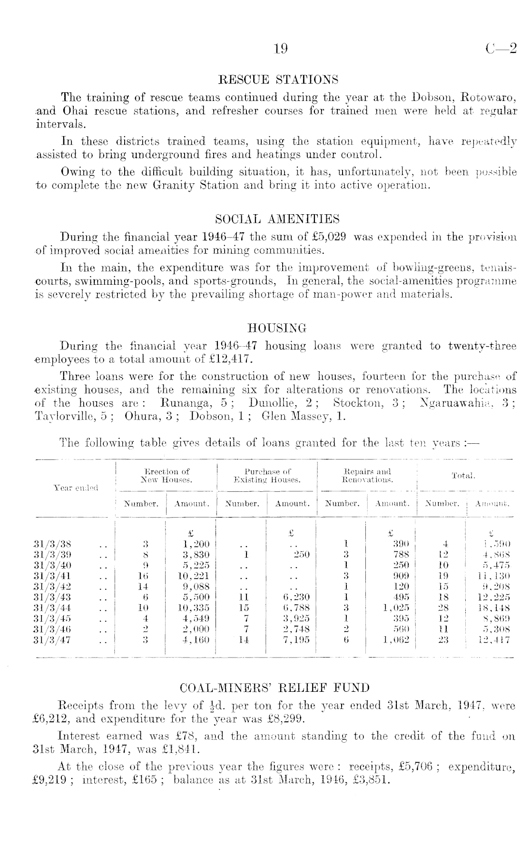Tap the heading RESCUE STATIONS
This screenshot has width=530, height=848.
coord(278,79)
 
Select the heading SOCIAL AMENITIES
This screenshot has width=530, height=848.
coord(278,219)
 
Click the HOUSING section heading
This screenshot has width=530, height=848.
coord(278,328)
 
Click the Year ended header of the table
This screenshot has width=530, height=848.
coord(76,488)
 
